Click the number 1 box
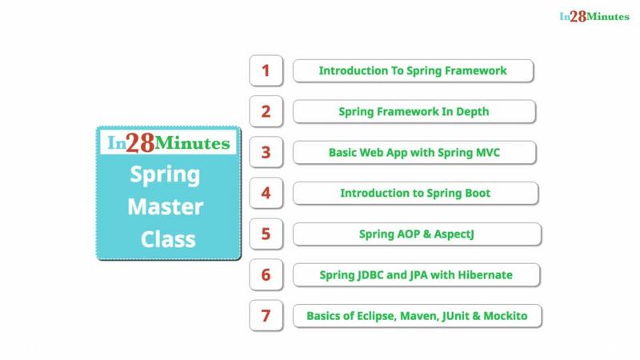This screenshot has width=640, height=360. click(266, 70)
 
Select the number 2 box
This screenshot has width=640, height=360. click(266, 111)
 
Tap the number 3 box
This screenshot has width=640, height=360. click(266, 152)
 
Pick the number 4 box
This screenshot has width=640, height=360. click(266, 193)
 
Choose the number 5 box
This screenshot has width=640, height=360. click(266, 234)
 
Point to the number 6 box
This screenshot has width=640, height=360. click(266, 274)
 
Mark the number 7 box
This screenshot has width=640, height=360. click(266, 315)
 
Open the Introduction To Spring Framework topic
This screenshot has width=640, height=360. click(413, 70)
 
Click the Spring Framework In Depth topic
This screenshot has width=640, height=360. click(414, 111)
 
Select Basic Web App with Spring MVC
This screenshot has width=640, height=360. click(414, 152)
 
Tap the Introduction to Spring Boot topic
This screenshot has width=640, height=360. click(415, 193)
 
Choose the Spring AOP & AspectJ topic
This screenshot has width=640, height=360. click(417, 234)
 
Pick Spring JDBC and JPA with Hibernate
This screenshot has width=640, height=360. click(416, 274)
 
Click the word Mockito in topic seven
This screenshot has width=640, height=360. click(506, 316)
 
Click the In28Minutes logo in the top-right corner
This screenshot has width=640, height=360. click(594, 16)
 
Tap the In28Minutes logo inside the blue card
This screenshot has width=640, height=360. click(169, 143)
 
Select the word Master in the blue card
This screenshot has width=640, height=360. click(166, 206)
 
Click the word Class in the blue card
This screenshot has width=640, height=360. click(168, 239)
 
